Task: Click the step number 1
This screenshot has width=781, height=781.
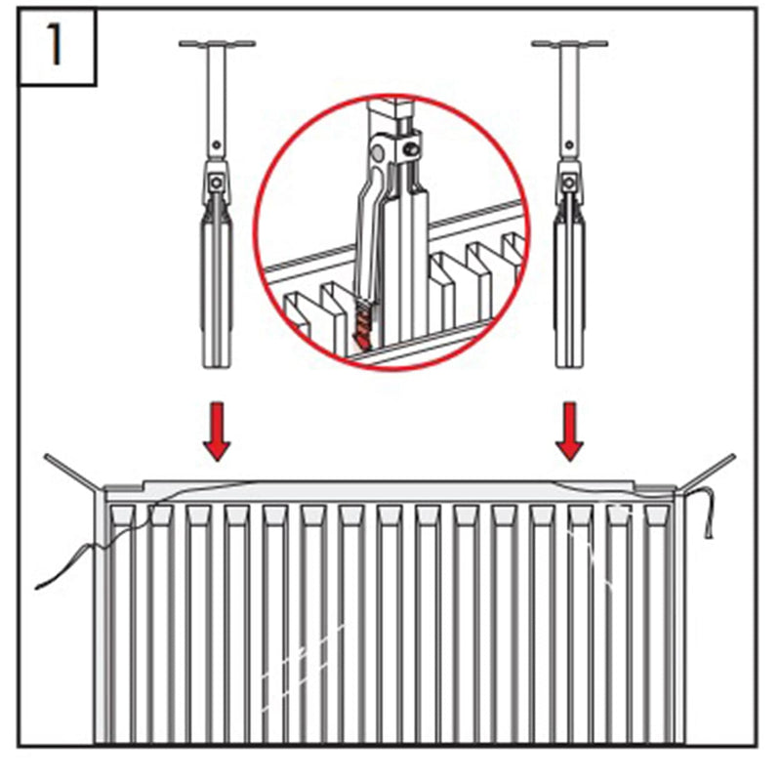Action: (x=55, y=46)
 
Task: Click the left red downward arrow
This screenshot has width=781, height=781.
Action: (x=217, y=432)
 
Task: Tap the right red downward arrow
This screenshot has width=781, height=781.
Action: (x=569, y=432)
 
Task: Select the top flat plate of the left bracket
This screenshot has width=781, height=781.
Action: (x=217, y=44)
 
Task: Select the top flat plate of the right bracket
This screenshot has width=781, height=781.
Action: (x=570, y=44)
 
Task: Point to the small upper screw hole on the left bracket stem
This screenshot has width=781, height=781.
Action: (x=217, y=144)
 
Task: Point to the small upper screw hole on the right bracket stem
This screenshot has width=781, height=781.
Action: (x=569, y=144)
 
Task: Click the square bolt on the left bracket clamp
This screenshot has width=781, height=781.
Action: (x=216, y=183)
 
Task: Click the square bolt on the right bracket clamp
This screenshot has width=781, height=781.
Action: (x=569, y=183)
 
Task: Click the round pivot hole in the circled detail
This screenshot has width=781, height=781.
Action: (x=378, y=153)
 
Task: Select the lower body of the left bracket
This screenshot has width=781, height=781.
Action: (x=217, y=294)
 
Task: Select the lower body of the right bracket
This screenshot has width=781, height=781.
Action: (x=570, y=294)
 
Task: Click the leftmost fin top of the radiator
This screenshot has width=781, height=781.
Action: (x=123, y=514)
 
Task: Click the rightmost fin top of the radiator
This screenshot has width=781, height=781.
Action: (x=656, y=514)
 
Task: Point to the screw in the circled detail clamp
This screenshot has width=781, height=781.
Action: (x=411, y=149)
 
